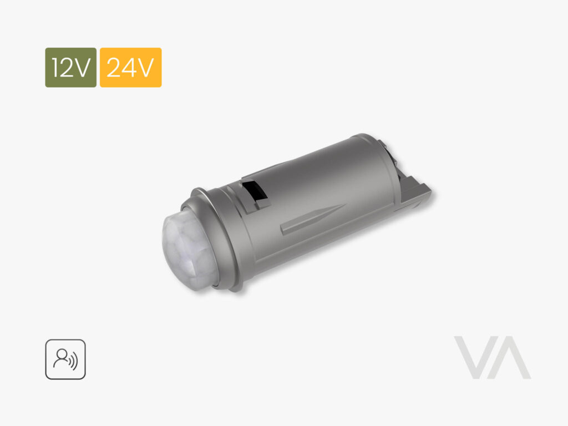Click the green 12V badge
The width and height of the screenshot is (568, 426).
tap(70, 67)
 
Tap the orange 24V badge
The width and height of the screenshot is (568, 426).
tap(130, 67)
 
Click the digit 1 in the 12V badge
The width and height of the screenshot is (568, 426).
tap(55, 67)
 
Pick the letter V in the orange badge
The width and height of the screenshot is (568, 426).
tap(146, 67)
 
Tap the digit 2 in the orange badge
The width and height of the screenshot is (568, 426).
tap(113, 67)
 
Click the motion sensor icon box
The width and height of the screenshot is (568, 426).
tap(65, 359)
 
